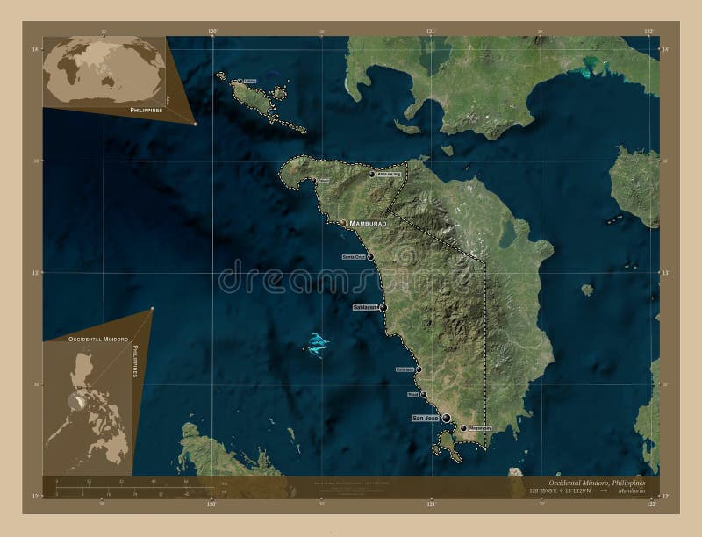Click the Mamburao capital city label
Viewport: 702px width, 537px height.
pos(368,224)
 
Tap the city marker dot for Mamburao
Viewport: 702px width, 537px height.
pos(342,223)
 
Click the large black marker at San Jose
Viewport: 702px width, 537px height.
pos(447,418)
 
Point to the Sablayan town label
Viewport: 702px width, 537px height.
pos(364,308)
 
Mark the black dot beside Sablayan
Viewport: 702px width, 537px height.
pos(383,308)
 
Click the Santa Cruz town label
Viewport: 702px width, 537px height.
pos(354,257)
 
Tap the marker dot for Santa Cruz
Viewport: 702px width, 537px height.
pos(371,257)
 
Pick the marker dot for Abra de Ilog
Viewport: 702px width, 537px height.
pos(372,175)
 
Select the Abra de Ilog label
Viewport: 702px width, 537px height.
pos(389,175)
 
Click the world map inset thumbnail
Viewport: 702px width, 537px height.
pos(106,69)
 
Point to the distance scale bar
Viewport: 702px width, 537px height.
pos(123,485)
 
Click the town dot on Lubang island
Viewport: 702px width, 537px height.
pos(239,82)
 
